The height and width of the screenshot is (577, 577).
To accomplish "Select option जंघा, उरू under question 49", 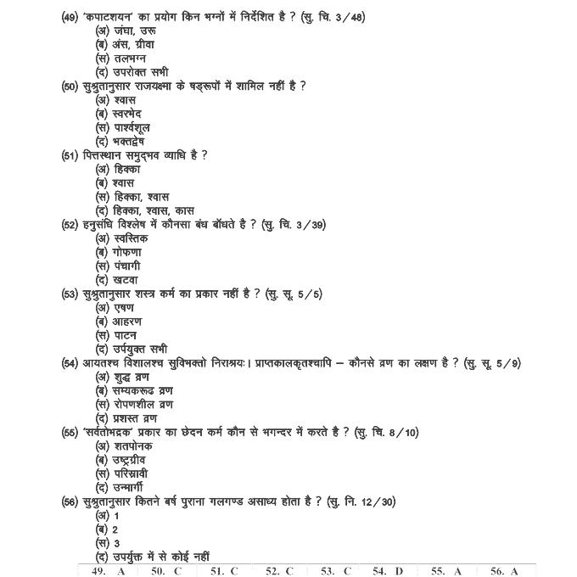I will (x=126, y=31).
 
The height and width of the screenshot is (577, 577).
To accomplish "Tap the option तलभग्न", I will (x=125, y=58).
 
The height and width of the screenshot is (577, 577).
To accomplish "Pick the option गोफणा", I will (x=119, y=252).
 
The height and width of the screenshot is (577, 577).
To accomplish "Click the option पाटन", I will (x=115, y=335).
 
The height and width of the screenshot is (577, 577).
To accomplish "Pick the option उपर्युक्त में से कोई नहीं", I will (x=153, y=557).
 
